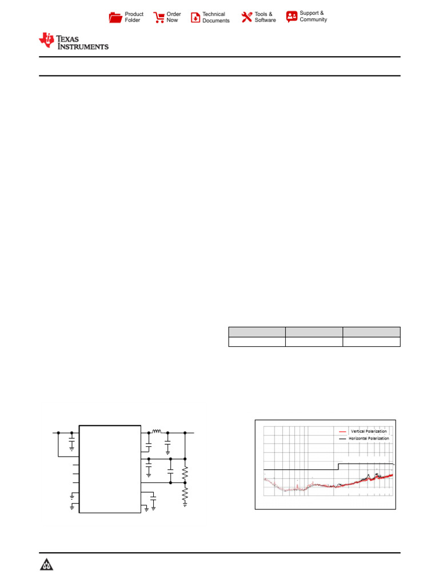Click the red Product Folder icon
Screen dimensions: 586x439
click(115, 17)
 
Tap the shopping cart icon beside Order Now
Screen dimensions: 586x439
click(159, 17)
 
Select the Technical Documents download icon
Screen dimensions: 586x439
click(195, 17)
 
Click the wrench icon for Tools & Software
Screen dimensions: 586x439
click(247, 17)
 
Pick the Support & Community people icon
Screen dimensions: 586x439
click(292, 17)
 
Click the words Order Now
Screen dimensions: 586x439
click(174, 17)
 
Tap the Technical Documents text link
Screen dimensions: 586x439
click(215, 17)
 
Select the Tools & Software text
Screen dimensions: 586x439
click(265, 17)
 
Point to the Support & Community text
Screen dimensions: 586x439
click(313, 16)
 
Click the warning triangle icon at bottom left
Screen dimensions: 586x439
click(46, 565)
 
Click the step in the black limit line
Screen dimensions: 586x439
click(338, 466)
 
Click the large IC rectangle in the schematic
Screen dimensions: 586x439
click(110, 469)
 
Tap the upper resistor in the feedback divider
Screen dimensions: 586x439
click(185, 474)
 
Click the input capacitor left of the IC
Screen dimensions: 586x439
click(71, 442)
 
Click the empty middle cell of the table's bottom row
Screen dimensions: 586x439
click(314, 342)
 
